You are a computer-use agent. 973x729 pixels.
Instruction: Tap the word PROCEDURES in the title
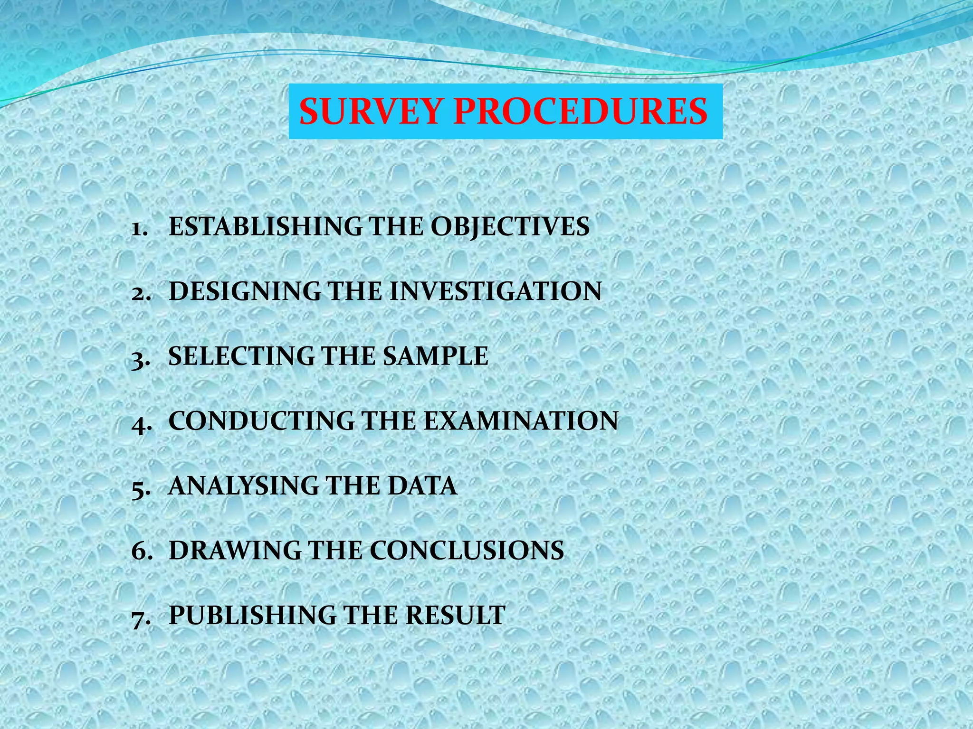(x=580, y=112)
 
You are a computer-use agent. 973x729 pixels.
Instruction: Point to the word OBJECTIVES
(x=510, y=226)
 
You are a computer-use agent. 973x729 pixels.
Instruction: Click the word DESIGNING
(x=245, y=291)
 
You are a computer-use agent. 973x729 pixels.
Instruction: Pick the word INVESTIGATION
(x=496, y=291)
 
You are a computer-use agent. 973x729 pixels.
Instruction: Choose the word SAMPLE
(x=436, y=356)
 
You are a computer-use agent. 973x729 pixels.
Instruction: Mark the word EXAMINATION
(x=521, y=421)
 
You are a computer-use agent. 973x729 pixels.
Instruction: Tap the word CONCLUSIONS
(x=467, y=551)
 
